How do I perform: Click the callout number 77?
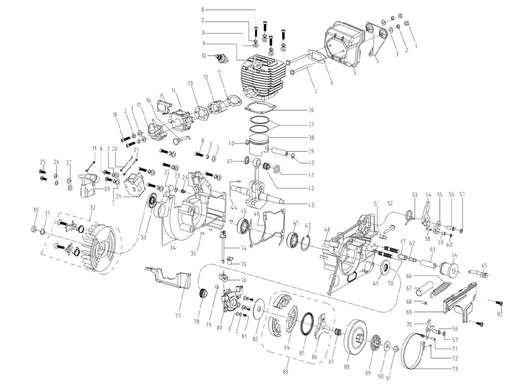178,316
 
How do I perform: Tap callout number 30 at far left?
35,210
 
